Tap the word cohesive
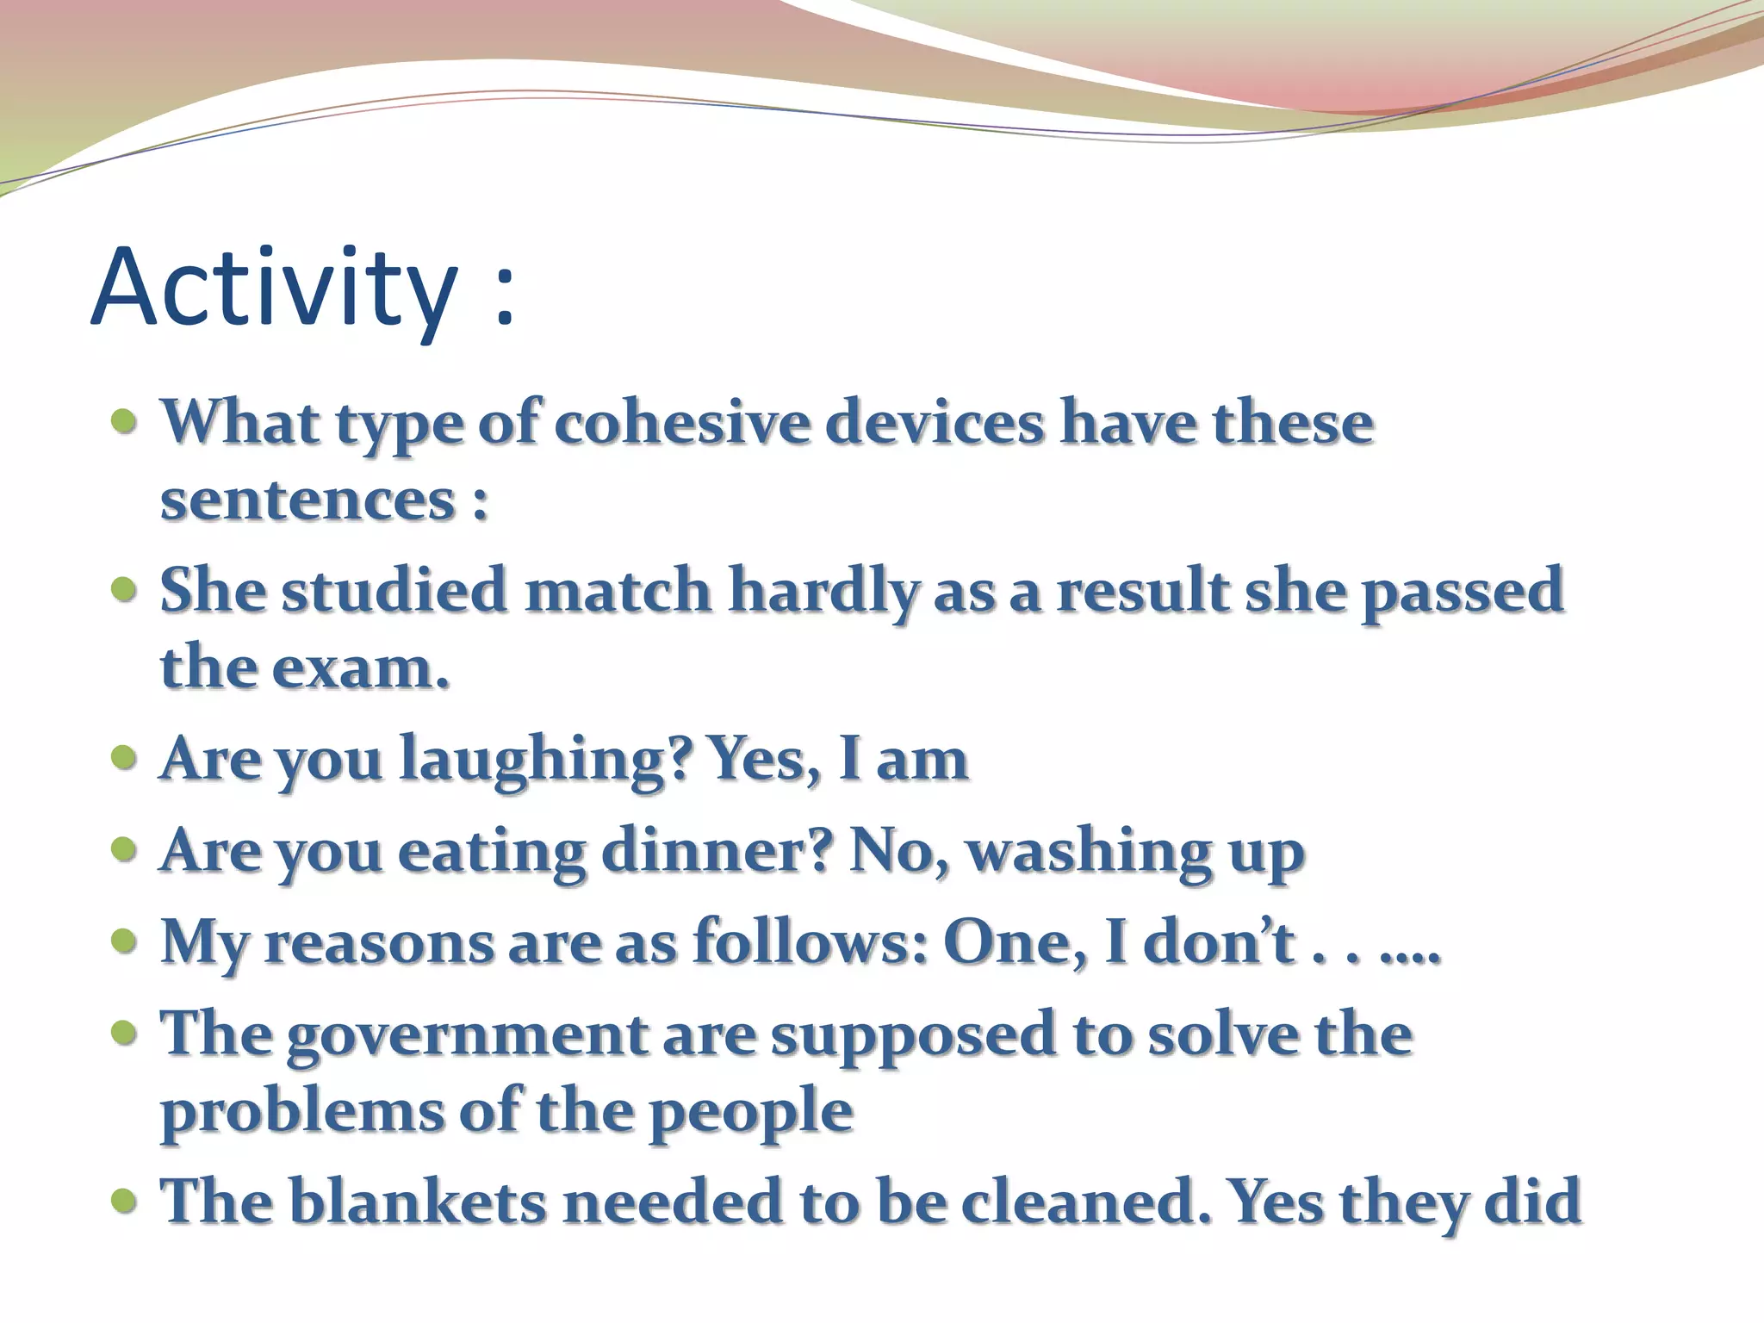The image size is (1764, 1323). click(682, 424)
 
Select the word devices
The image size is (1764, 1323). click(934, 424)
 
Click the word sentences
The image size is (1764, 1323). click(307, 500)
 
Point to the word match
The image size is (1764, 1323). click(618, 592)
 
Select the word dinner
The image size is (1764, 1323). click(717, 852)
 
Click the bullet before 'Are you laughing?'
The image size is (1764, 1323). click(124, 759)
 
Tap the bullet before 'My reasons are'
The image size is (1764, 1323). click(124, 941)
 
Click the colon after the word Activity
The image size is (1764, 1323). click(505, 297)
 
